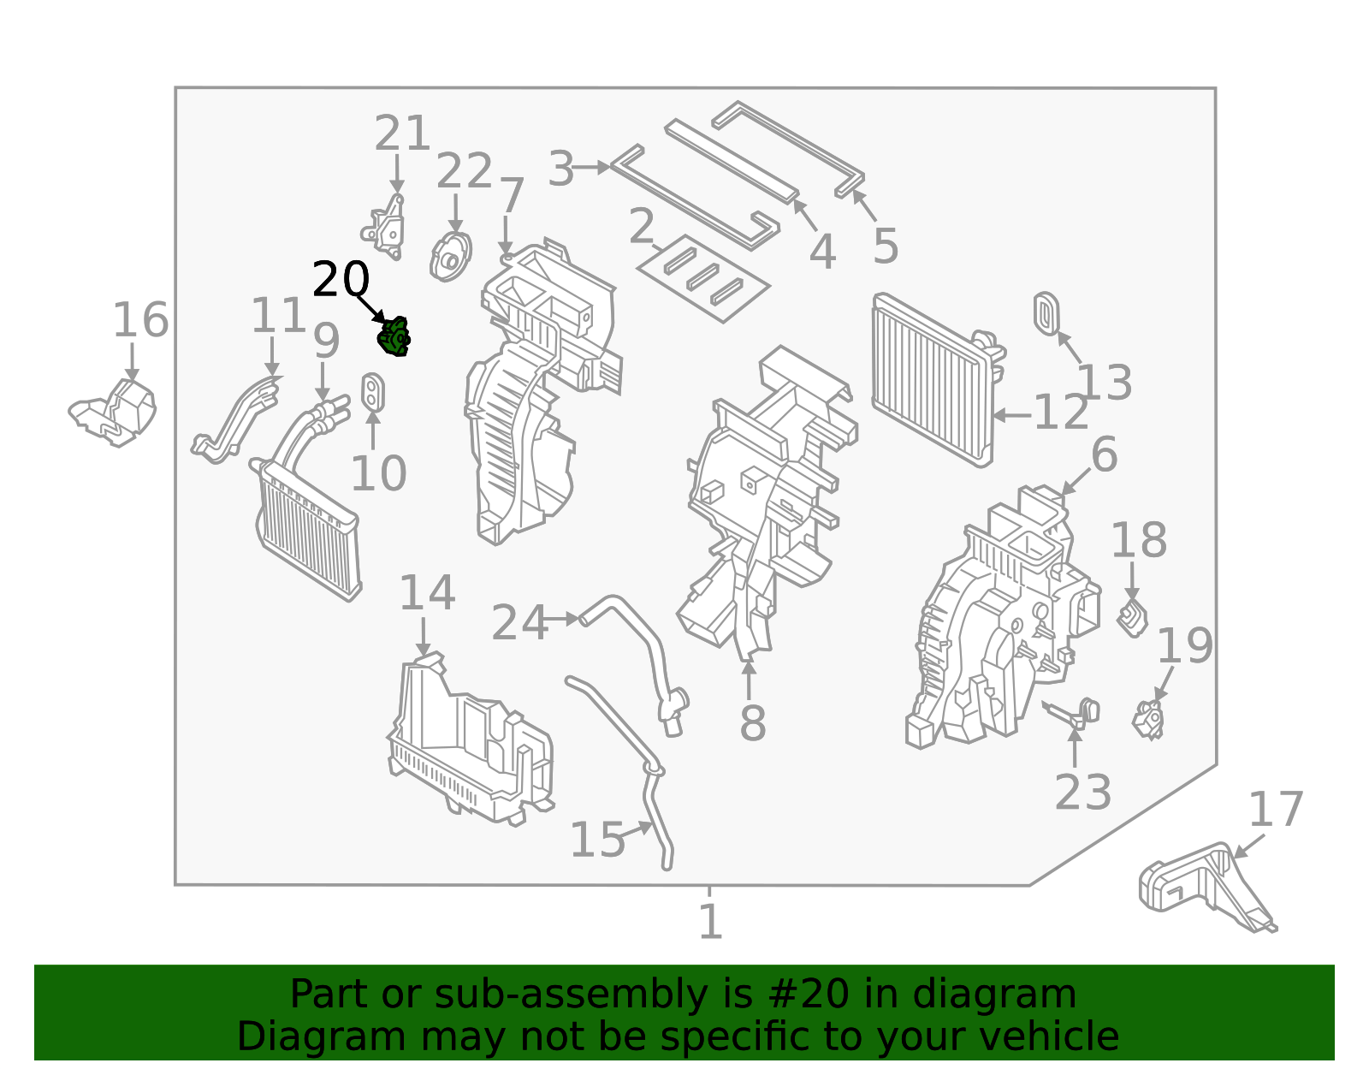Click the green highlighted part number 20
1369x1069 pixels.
394,337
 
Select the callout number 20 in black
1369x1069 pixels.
341,280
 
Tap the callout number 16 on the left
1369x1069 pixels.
141,321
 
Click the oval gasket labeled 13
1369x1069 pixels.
1046,313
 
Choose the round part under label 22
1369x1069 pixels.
451,256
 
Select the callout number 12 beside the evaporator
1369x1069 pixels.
1061,414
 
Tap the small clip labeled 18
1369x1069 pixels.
1133,618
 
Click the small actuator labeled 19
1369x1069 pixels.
1148,719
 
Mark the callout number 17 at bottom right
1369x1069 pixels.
1276,810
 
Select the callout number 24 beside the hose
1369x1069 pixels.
519,623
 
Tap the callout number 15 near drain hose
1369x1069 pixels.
597,840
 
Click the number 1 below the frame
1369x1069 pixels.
710,922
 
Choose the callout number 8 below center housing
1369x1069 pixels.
752,723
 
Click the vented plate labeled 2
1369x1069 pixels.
703,279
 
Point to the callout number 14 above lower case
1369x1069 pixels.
427,593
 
